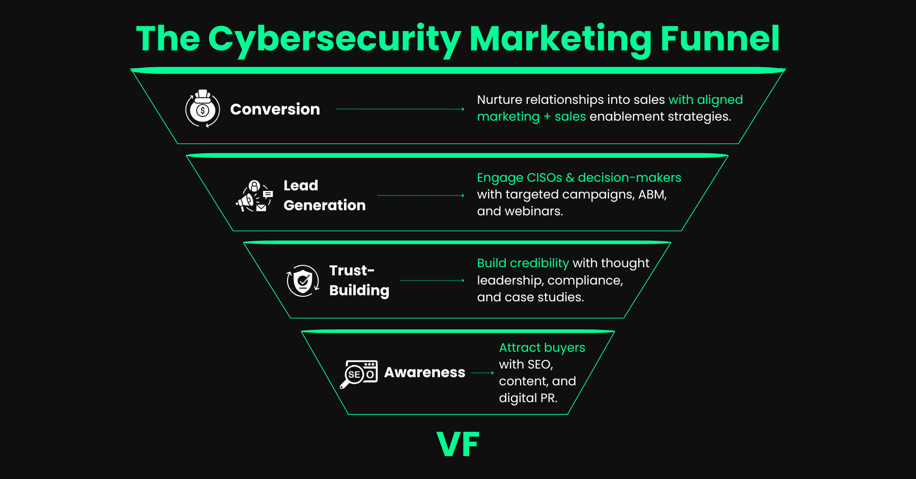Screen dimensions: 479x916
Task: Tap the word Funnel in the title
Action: (720, 39)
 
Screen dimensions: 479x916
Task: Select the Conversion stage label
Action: (275, 109)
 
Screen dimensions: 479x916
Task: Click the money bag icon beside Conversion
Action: (203, 108)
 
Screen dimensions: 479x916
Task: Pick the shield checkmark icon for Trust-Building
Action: (303, 280)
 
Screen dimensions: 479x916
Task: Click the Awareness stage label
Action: (424, 373)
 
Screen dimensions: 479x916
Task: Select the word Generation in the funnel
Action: (324, 205)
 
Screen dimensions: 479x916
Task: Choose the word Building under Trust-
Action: (359, 290)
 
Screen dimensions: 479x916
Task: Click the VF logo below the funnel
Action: (458, 444)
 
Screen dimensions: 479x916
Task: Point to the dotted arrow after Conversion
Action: (400, 109)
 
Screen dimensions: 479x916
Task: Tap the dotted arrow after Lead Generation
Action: (421, 195)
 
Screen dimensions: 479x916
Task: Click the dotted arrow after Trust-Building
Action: (432, 280)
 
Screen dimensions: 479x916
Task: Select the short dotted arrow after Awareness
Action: (482, 373)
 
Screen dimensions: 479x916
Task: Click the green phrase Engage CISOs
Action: (519, 178)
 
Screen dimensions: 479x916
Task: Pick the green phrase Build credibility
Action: (523, 263)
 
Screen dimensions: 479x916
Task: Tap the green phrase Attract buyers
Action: (541, 348)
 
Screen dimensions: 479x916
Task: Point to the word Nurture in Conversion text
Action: (499, 100)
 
